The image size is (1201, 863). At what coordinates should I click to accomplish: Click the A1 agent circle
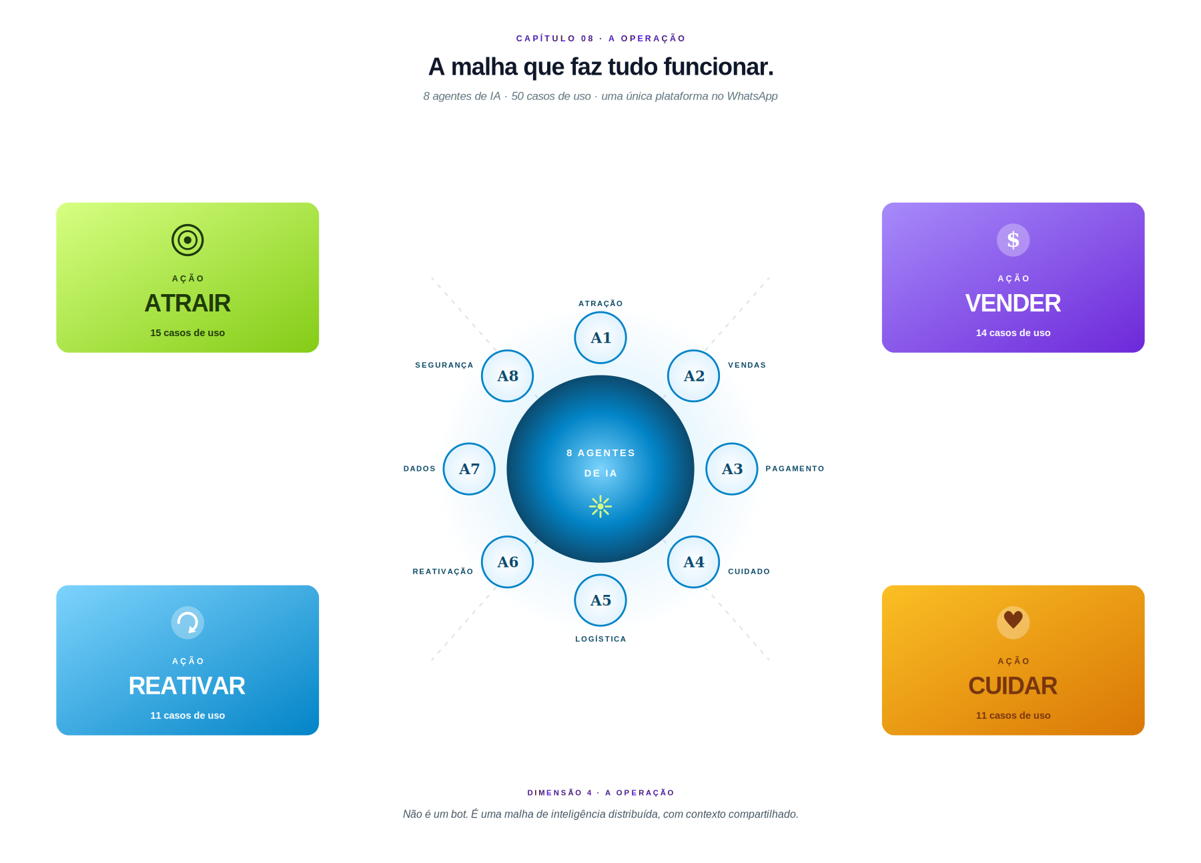600,337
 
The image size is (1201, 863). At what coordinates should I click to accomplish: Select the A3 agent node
732,469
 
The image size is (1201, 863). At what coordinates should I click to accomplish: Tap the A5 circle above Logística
600,600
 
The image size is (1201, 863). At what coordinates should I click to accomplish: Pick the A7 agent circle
469,469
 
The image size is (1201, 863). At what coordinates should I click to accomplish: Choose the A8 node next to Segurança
507,375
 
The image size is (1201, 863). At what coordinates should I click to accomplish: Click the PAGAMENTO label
795,469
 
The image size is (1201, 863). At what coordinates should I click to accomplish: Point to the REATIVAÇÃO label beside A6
443,572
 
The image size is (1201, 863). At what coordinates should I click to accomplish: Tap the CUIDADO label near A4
749,572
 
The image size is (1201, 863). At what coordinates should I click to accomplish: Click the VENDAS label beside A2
747,365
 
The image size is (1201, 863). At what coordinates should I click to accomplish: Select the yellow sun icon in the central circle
600,506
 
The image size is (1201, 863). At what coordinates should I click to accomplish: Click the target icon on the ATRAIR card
187,240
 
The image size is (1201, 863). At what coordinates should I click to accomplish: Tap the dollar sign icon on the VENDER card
1013,240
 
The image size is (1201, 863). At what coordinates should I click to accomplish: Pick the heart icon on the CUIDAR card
1013,621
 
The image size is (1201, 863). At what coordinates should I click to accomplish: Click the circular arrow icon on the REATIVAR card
187,623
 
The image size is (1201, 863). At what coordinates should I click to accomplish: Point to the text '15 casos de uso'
187,333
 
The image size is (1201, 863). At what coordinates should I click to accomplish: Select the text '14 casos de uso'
1013,333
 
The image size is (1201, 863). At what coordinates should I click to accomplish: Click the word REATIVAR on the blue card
187,686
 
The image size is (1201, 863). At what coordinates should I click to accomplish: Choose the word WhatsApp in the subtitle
752,96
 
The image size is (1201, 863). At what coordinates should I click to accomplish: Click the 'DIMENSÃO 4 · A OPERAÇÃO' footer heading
600,793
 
